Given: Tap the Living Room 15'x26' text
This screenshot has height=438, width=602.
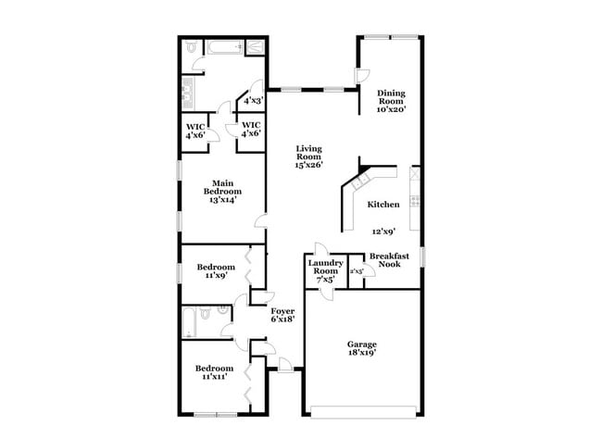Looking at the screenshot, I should (308, 156).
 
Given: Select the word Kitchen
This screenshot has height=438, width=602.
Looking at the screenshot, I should (383, 204).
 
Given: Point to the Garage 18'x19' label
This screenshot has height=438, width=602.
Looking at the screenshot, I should (362, 347).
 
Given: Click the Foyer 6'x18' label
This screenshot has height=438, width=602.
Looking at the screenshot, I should (282, 316).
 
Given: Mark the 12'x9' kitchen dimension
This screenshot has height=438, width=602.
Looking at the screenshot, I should (384, 232).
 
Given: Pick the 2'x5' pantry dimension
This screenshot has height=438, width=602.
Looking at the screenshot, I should (357, 270).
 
